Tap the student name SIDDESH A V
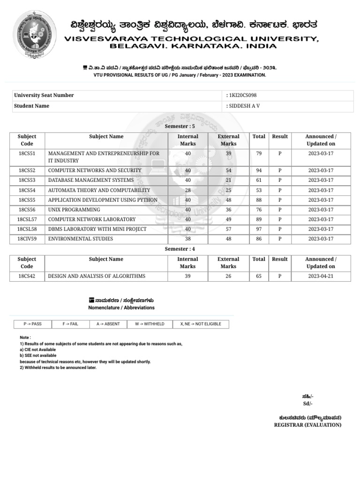(x=244, y=106)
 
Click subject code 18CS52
(x=27, y=171)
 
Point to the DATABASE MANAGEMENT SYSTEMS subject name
(x=91, y=180)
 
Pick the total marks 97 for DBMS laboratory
(x=259, y=229)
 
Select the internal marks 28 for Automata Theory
(x=188, y=190)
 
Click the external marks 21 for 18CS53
(x=228, y=180)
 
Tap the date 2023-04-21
(x=321, y=277)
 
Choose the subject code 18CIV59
(x=27, y=239)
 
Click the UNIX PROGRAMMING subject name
(x=74, y=210)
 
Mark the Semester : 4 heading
(x=180, y=249)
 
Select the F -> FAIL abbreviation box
(x=70, y=324)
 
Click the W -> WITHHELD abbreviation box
(x=150, y=324)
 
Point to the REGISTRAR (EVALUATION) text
(x=307, y=425)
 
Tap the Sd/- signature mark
(x=308, y=404)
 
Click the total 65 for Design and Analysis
(x=259, y=277)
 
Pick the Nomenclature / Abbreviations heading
(x=121, y=308)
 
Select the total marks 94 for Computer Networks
(x=259, y=171)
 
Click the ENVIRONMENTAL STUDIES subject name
(x=81, y=239)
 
